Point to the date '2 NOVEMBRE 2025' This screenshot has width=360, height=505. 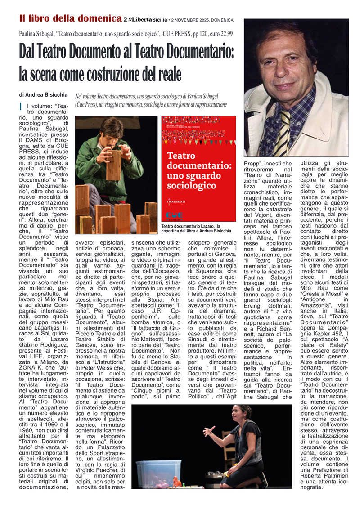point(189,20)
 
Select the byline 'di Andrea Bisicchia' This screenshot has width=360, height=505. point(43,95)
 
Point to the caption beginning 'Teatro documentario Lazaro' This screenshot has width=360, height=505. point(197,228)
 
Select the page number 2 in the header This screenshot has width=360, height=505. point(125,20)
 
